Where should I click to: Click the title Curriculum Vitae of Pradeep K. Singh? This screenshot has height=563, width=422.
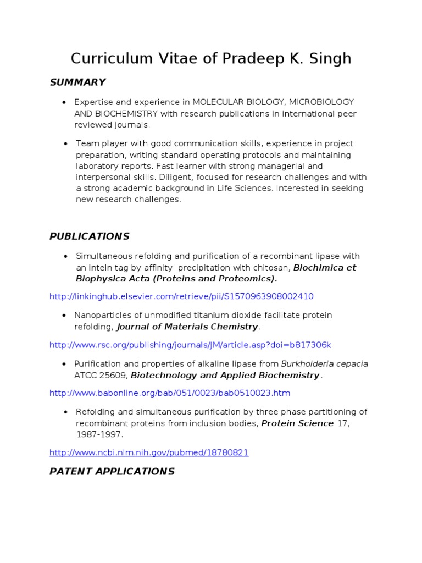(211, 58)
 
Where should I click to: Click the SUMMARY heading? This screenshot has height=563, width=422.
(77, 82)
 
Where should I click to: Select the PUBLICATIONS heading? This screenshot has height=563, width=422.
(90, 236)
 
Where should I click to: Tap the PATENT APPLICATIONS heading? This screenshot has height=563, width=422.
(112, 471)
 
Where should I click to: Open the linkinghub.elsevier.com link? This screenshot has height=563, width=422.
(181, 296)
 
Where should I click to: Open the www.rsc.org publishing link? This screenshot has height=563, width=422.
(190, 345)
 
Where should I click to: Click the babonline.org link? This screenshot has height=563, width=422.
(170, 393)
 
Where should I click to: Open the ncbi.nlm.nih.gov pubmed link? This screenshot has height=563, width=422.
(149, 452)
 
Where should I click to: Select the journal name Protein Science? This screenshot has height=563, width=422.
(297, 423)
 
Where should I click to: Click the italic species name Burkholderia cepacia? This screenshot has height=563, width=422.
(325, 364)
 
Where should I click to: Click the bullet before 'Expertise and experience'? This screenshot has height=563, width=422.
(65, 103)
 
